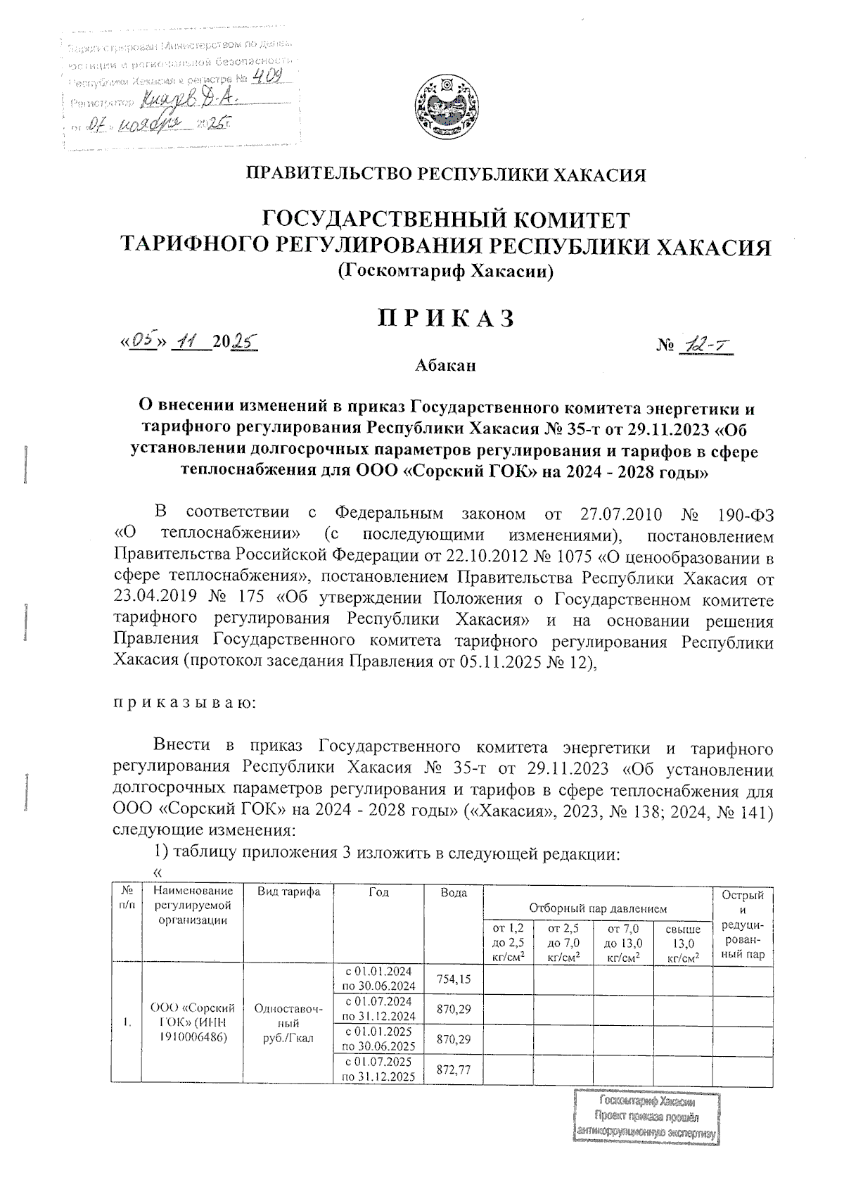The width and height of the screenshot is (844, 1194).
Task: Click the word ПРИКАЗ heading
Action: tap(446, 319)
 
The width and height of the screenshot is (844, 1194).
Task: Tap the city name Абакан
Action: tap(445, 366)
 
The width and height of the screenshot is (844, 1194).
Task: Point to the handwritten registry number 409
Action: tap(269, 79)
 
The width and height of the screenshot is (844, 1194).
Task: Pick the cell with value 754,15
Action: tap(454, 979)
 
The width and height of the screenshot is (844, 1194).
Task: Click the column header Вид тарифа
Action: tap(288, 892)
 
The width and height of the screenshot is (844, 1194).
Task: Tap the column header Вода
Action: tap(454, 892)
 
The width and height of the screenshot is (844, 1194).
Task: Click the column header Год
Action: tap(378, 892)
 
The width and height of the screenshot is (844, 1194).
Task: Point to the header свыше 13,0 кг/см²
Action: tap(683, 943)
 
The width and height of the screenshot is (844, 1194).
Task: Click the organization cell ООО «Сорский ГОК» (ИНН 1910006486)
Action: tap(193, 1022)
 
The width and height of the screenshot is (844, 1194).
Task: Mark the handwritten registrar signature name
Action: tap(190, 102)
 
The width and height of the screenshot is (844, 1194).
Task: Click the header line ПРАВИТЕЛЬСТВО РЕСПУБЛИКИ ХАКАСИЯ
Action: tap(445, 174)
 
